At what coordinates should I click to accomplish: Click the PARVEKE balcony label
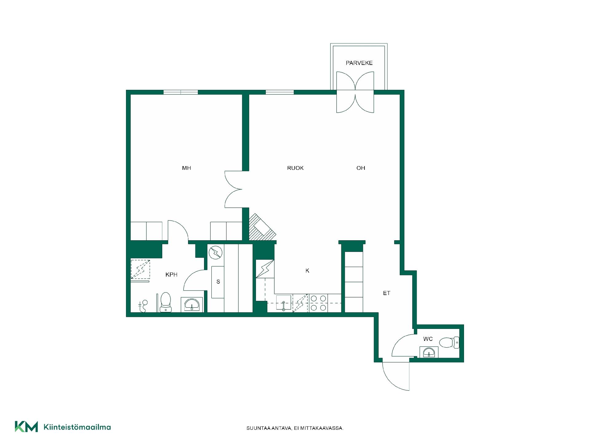click(359, 63)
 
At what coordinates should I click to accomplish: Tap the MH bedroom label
click(187, 168)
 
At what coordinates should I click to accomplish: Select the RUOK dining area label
click(295, 168)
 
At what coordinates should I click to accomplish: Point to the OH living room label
click(361, 168)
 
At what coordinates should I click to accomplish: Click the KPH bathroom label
click(171, 275)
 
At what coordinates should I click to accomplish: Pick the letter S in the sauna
click(218, 282)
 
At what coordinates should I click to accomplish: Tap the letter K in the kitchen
click(307, 271)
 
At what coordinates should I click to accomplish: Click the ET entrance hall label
click(387, 293)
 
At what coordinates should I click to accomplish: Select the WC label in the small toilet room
click(428, 339)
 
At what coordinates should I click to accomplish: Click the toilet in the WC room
click(449, 342)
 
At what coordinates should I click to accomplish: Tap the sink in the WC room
click(429, 352)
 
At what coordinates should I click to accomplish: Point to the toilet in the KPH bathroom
click(166, 302)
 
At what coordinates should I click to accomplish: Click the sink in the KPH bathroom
click(192, 305)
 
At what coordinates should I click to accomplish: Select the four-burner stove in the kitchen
click(318, 303)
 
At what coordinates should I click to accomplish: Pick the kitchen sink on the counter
click(284, 303)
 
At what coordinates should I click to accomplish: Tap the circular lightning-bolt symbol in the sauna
click(215, 253)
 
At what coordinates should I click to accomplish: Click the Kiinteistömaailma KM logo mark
click(26, 427)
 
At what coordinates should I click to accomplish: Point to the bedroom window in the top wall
click(181, 92)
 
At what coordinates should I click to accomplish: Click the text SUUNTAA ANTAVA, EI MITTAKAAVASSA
click(295, 428)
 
